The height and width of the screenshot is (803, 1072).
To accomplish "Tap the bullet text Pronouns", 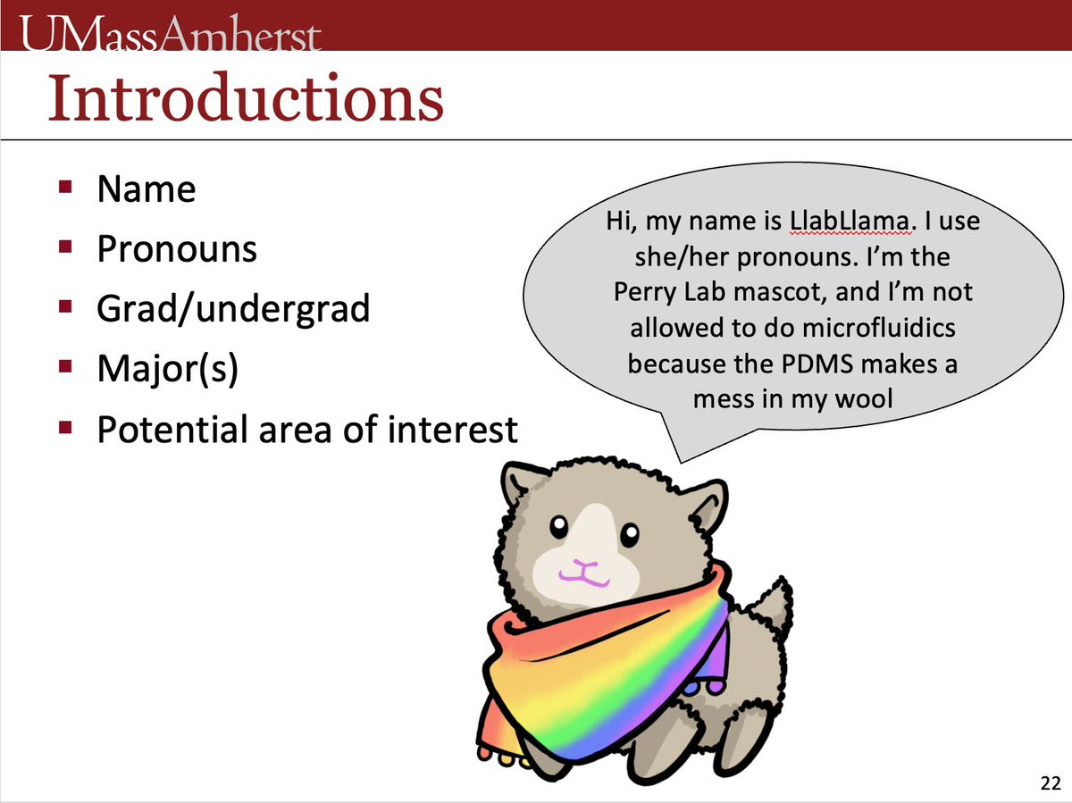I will pyautogui.click(x=177, y=249).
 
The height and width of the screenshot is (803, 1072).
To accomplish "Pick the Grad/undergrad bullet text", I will pyautogui.click(x=233, y=309).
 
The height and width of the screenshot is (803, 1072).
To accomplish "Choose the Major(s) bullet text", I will pyautogui.click(x=167, y=370).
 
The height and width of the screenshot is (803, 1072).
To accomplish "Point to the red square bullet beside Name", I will pyautogui.click(x=65, y=188).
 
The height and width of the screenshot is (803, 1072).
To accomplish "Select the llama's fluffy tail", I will pyautogui.click(x=768, y=607).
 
